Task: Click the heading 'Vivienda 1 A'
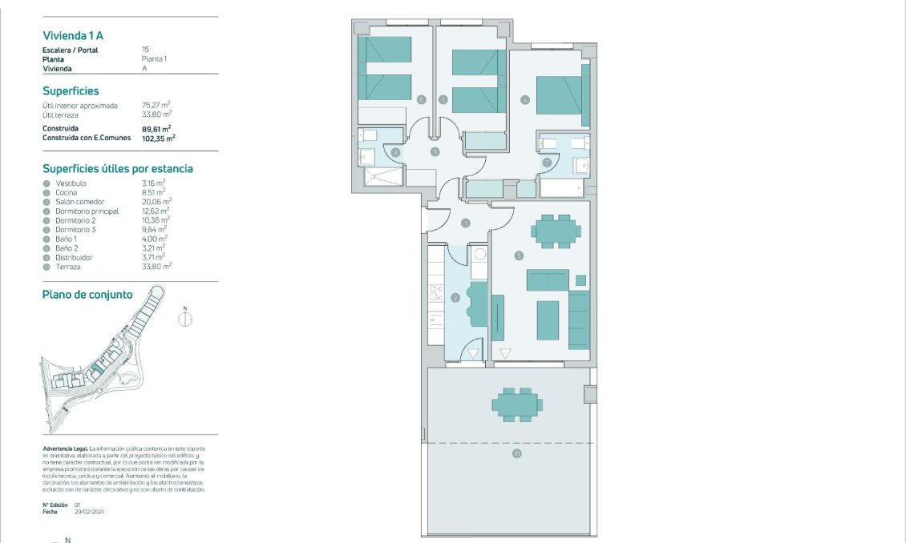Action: click(73, 35)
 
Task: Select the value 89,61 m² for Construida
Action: click(156, 128)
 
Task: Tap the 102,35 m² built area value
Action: click(159, 138)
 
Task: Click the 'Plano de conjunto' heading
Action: click(87, 295)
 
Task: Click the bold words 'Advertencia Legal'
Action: click(65, 448)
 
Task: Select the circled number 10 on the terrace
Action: click(516, 454)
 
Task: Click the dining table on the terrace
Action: click(516, 404)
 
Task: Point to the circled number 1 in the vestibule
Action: click(464, 223)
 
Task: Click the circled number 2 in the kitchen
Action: click(455, 297)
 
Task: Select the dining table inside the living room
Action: click(556, 231)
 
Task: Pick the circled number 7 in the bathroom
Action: click(548, 163)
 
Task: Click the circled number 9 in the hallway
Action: click(435, 151)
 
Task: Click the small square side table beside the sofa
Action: click(580, 280)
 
